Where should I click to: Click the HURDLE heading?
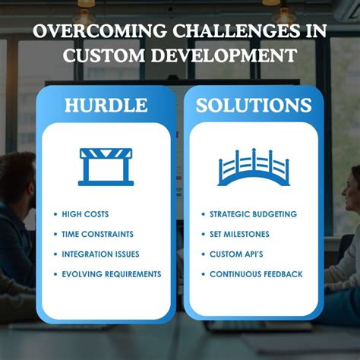[106, 106]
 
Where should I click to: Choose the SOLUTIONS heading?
[253, 106]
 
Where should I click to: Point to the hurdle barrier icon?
[106, 166]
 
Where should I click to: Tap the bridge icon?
[253, 167]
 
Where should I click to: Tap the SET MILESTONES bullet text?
[239, 234]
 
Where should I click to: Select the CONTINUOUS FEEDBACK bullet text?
[256, 273]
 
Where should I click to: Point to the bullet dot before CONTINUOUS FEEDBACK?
[203, 273]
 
